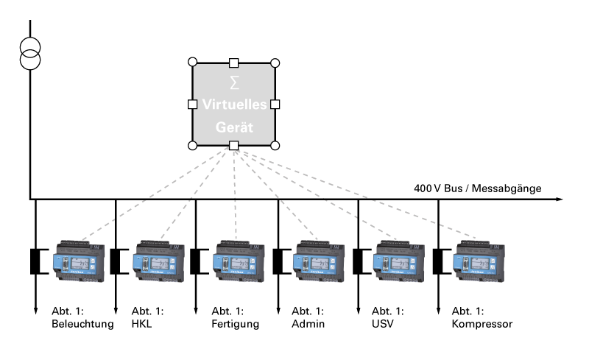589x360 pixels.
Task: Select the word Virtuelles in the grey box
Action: tap(234, 105)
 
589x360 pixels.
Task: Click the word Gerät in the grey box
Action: tap(234, 127)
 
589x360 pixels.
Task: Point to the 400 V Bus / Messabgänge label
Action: tap(477, 189)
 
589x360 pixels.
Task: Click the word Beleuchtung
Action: tap(82, 324)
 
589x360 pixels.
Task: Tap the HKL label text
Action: tap(142, 324)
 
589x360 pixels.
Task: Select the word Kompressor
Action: tap(483, 324)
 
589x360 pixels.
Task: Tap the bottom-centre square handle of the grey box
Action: tap(234, 147)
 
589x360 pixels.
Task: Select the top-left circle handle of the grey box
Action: tap(193, 63)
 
